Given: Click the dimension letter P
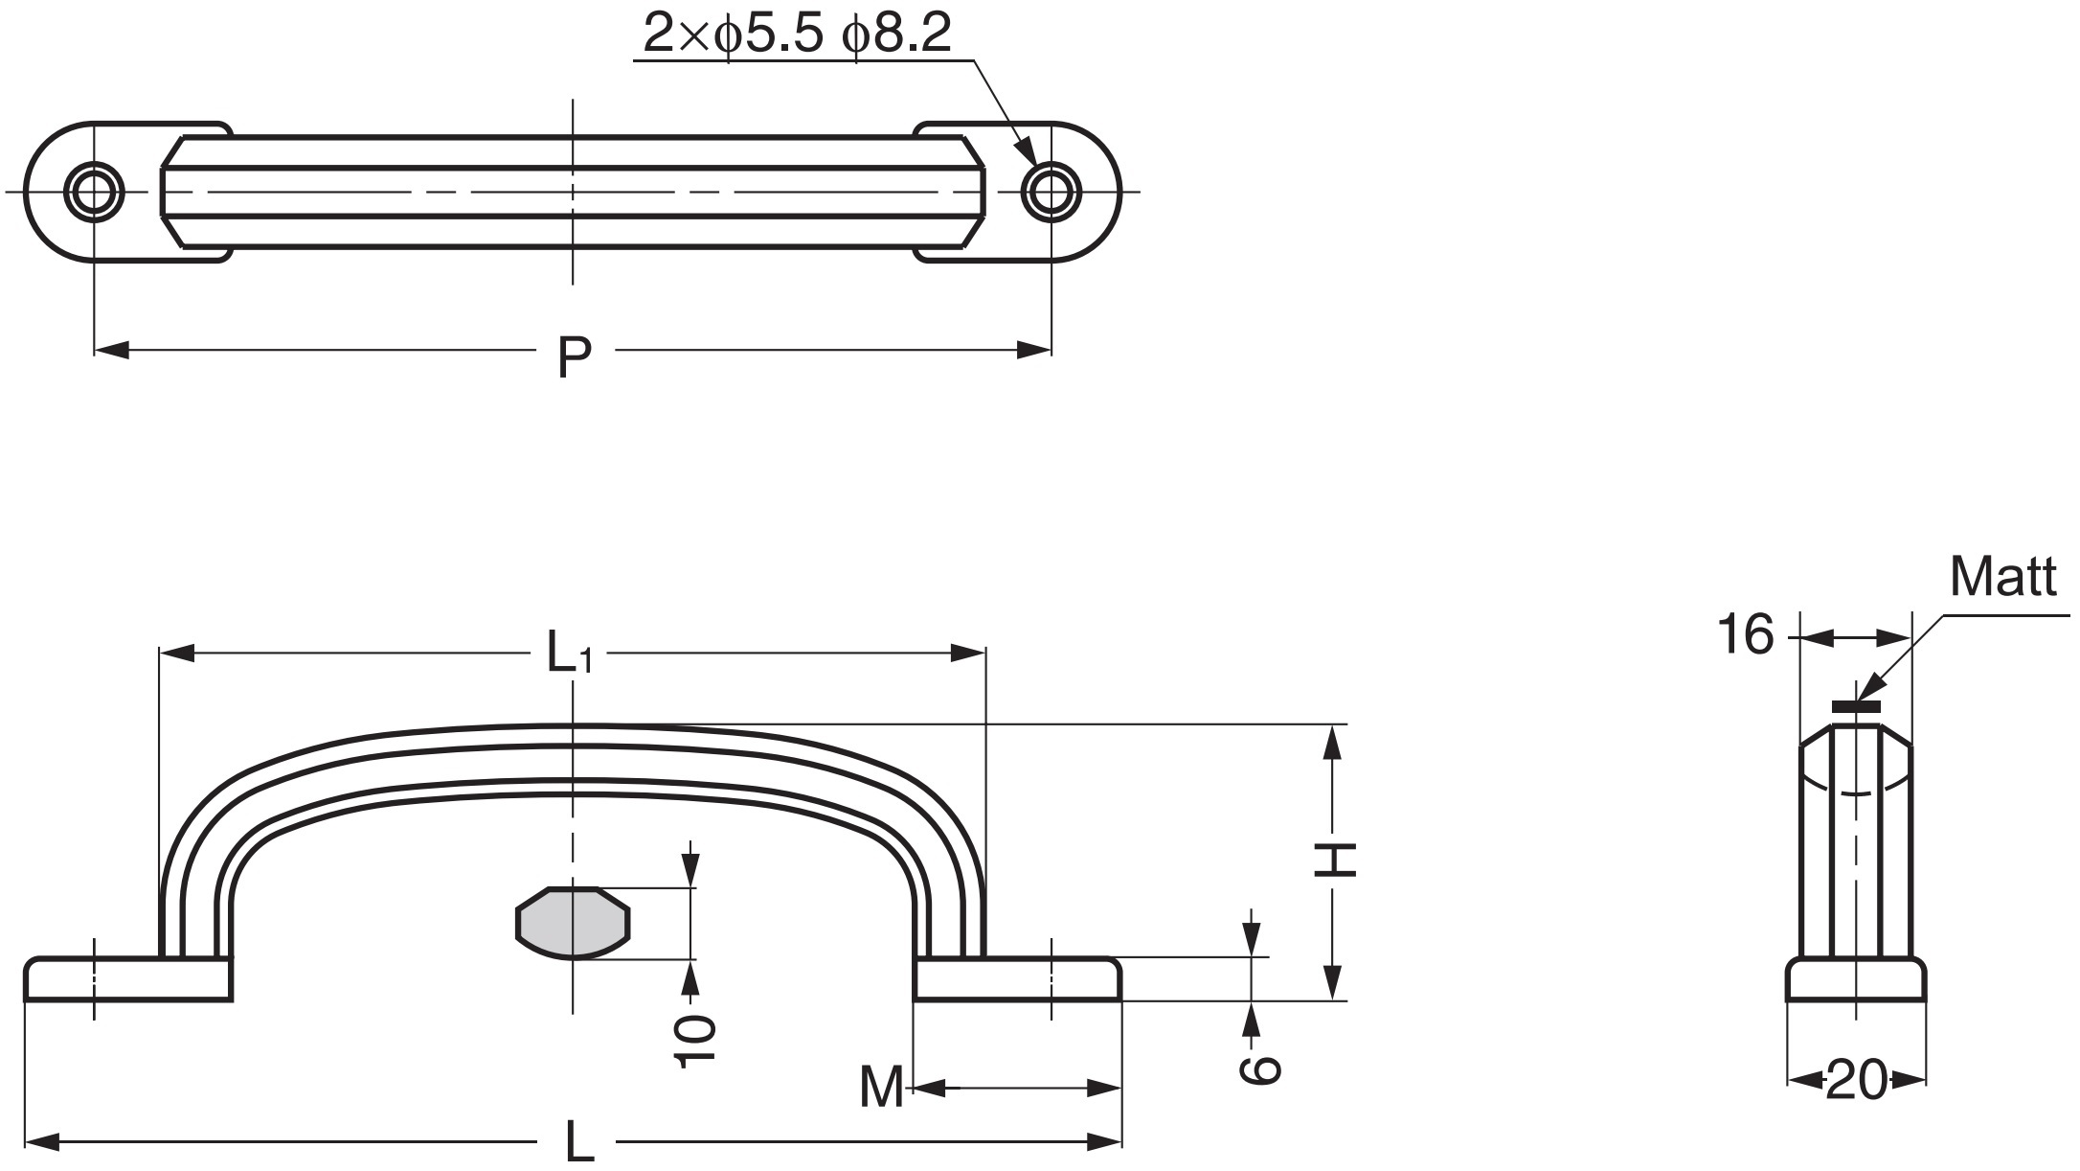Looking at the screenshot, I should pos(575,357).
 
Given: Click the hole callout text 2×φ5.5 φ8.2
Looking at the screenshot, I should pos(797,34).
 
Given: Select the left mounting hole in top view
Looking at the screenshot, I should pos(94,192).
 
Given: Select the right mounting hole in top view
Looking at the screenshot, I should pos(1051,192).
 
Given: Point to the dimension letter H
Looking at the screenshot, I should pos(1334,860).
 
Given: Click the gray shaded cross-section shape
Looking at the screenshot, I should pos(573,923).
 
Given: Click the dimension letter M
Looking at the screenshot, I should pos(881,1088).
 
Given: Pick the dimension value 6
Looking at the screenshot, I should pos(1258,1069).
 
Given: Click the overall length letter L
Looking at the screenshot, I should pos(578,1142).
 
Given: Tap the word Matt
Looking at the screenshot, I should pos(2001,578).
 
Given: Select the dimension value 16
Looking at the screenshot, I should pos(1745,635).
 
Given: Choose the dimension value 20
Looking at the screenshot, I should pos(1856,1081).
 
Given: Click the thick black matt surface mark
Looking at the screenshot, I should pos(1856,707).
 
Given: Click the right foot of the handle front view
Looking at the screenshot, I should pos(1017,979).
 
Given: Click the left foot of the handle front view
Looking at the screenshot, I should pos(127,979).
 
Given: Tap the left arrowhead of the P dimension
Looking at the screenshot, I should pos(111,350).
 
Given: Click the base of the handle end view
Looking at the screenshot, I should pos(1856,979).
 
